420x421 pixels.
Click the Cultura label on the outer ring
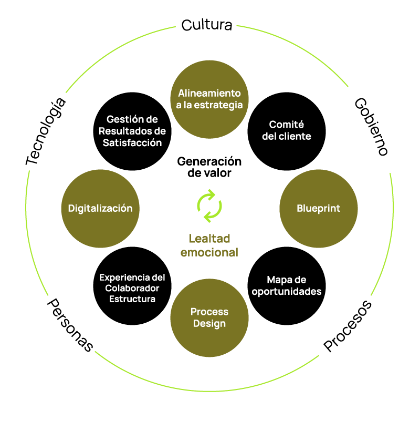click(x=207, y=25)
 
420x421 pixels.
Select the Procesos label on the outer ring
click(x=348, y=326)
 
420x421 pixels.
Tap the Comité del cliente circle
click(x=287, y=130)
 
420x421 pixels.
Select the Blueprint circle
click(x=319, y=209)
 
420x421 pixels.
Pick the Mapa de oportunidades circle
click(x=287, y=285)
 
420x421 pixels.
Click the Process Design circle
click(x=209, y=318)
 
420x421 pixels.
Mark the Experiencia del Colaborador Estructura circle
click(x=132, y=288)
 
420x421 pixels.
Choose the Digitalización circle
click(x=100, y=209)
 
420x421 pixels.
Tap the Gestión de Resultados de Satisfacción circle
click(x=132, y=131)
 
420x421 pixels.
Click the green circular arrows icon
click(x=209, y=206)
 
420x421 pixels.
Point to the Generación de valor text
click(x=209, y=167)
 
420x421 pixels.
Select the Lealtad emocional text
click(x=209, y=245)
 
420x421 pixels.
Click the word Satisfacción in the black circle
click(x=132, y=142)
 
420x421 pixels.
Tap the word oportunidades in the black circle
click(x=287, y=291)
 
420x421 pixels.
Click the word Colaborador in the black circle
click(x=132, y=288)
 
